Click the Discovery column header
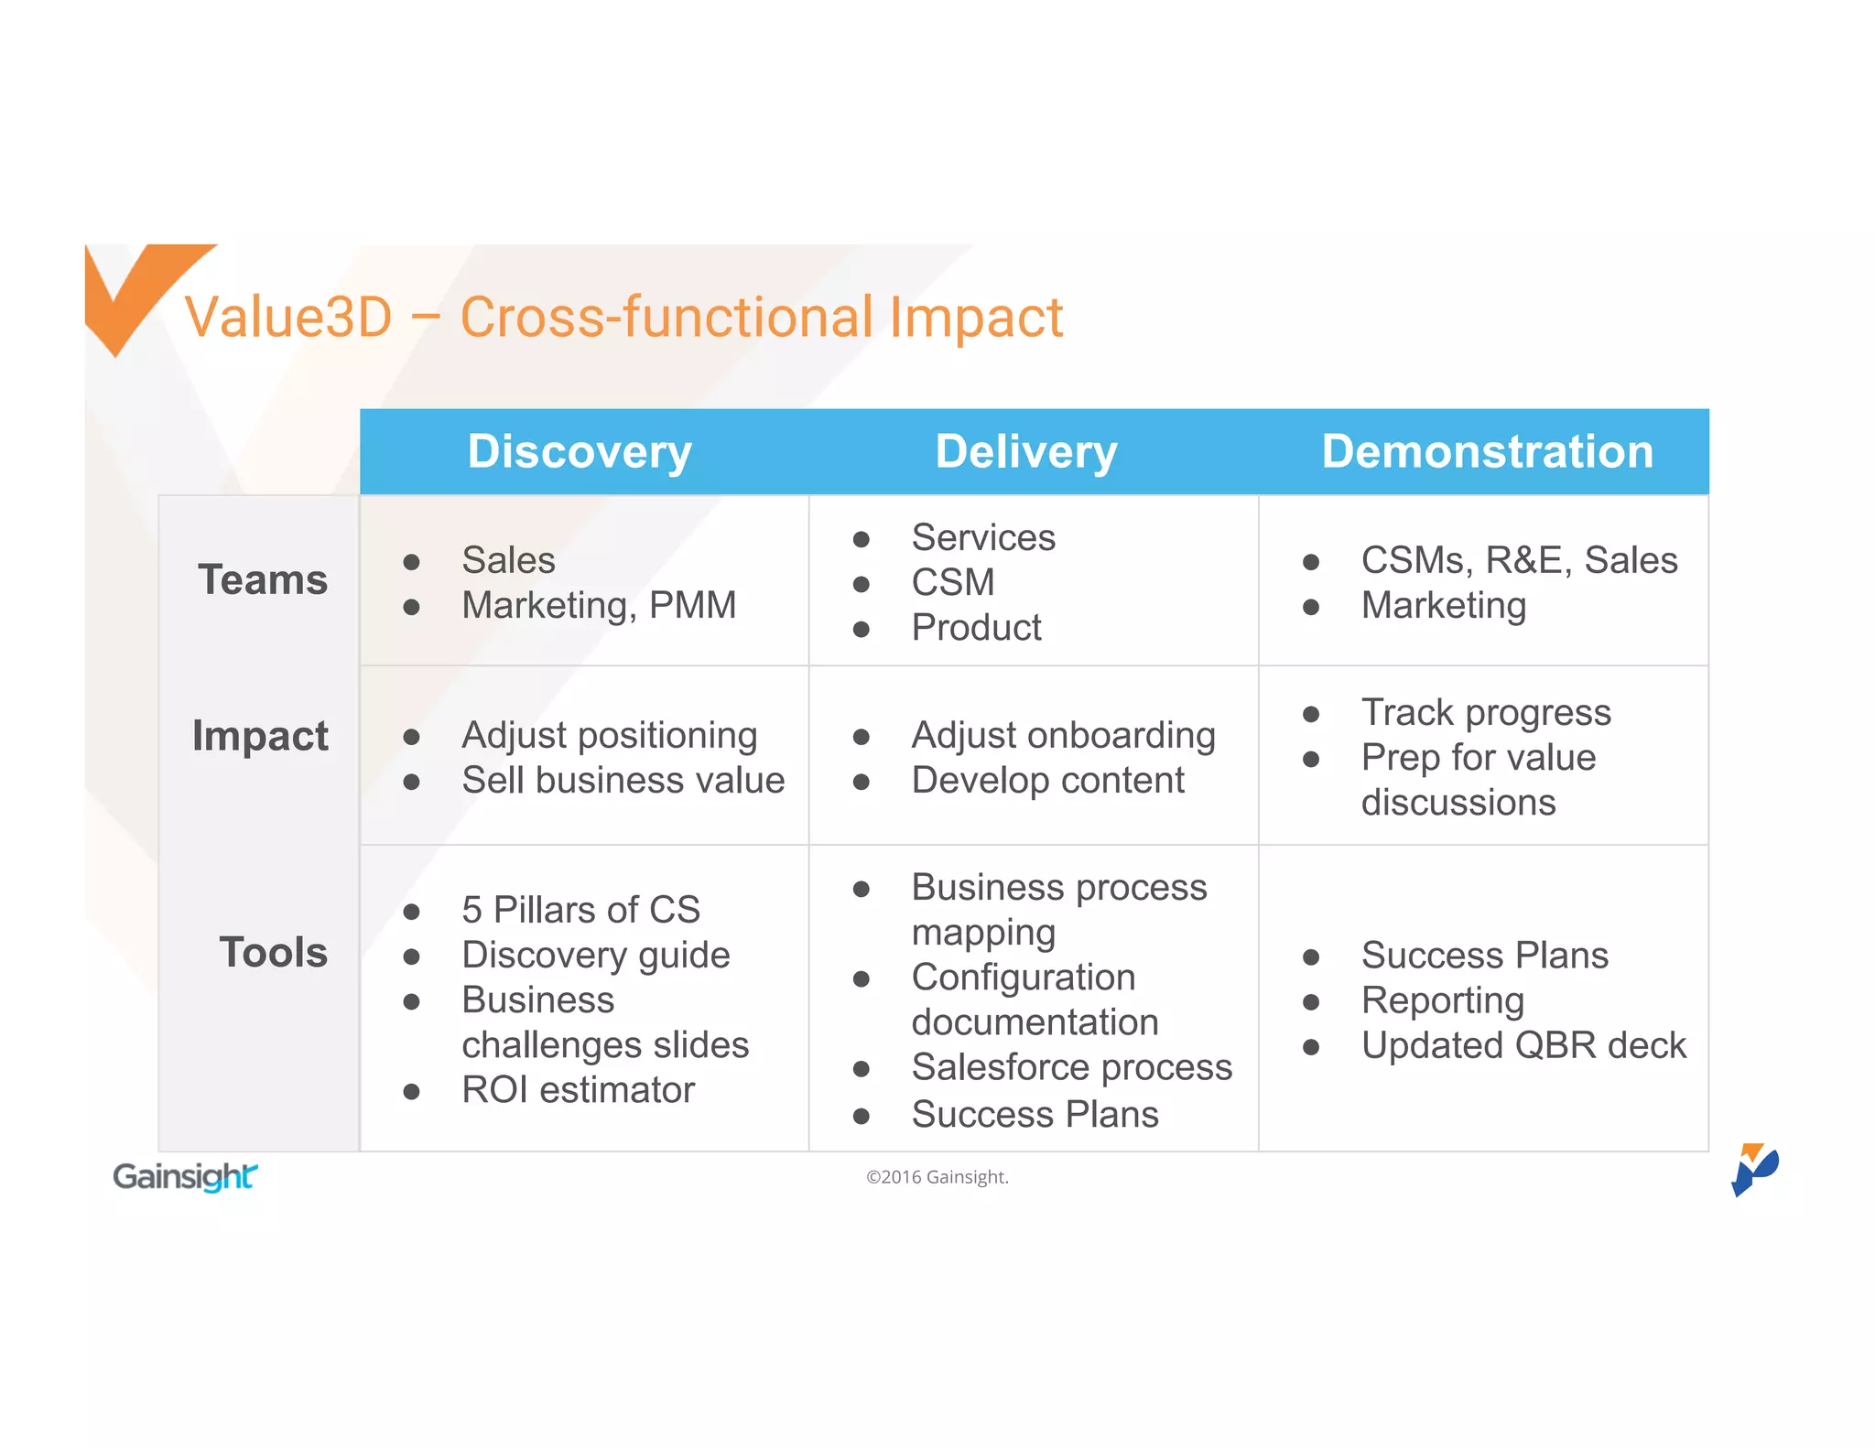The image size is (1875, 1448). point(580,451)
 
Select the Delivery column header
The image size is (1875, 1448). point(1026,451)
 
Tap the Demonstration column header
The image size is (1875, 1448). point(1487,451)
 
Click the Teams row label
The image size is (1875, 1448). point(263,579)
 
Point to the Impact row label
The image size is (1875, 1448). point(260,736)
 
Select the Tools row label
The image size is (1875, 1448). point(273,952)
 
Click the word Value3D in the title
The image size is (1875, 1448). point(288,318)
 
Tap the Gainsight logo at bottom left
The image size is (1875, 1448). point(185,1176)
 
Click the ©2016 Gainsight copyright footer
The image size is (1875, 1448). point(937,1177)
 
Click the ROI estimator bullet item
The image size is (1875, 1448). point(578,1089)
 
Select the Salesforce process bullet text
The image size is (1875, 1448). point(1071,1067)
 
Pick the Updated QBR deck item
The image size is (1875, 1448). point(1523,1045)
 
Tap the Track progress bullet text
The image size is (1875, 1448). point(1485,712)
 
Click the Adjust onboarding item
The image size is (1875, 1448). point(1063,735)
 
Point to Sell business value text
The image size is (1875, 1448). point(623,780)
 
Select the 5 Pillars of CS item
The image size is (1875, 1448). point(580,910)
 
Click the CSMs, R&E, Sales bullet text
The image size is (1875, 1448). point(1518,560)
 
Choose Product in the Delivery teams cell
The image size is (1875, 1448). point(976,628)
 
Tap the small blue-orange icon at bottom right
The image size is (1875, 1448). point(1753,1169)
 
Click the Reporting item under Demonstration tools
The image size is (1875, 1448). point(1442,1000)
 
